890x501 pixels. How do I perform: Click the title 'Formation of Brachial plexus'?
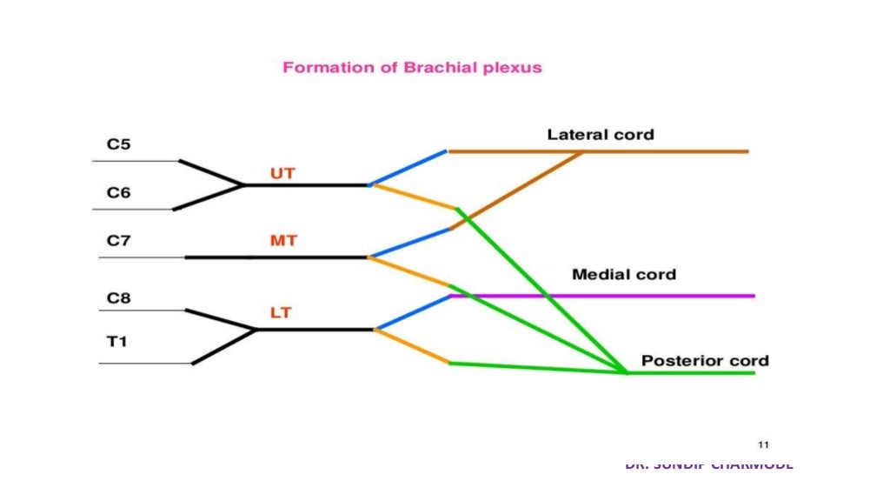point(412,68)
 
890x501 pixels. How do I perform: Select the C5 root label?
point(119,144)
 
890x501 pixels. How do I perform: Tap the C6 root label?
point(119,192)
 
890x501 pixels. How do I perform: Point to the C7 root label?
point(119,241)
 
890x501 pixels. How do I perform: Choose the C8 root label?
point(119,298)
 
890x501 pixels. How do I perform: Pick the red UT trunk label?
point(282,173)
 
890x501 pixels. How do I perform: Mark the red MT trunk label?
point(283,241)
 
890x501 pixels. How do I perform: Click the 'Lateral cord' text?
point(600,135)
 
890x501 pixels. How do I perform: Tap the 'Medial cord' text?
point(623,275)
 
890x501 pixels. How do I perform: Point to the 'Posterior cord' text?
point(705,360)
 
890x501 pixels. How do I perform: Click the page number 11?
point(764,444)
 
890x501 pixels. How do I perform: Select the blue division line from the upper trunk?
point(408,168)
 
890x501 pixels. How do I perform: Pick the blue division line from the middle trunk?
point(409,244)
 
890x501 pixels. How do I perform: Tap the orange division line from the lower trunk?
point(412,346)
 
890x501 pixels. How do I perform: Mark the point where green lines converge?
point(627,372)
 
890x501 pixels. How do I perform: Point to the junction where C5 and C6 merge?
point(244,185)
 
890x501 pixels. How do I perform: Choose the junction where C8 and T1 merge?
point(257,330)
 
